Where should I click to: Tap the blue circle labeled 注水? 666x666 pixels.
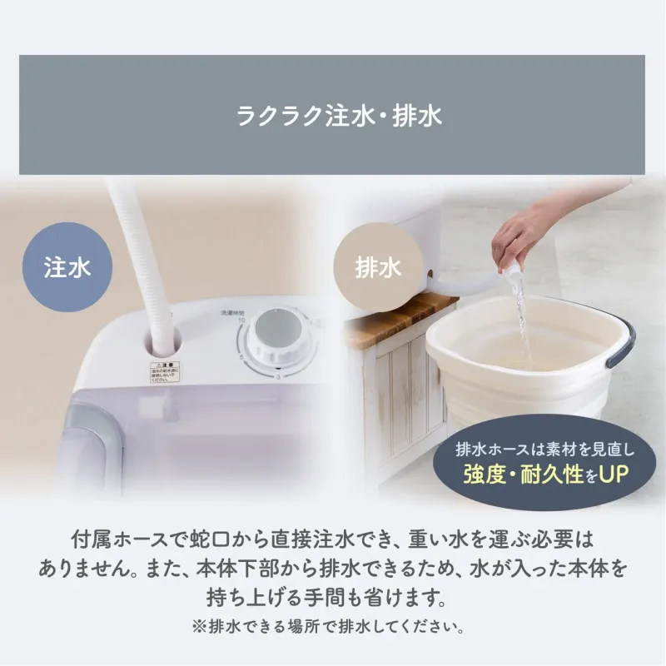(x=67, y=268)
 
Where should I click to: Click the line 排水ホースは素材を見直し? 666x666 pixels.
(x=545, y=448)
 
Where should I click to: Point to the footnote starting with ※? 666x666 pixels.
(x=333, y=624)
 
